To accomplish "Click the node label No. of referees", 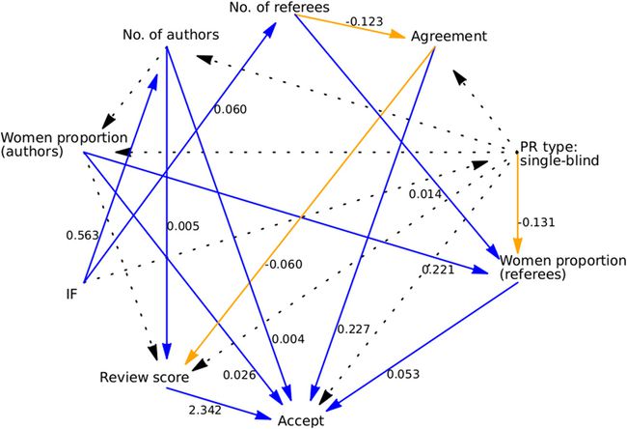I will pyautogui.click(x=280, y=9).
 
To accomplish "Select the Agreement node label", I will pyautogui.click(x=449, y=37).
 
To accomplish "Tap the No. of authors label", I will pyautogui.click(x=170, y=36).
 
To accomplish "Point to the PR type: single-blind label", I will pyautogui.click(x=564, y=153).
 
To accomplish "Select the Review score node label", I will pyautogui.click(x=143, y=375).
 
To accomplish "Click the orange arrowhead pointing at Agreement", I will pyautogui.click(x=398, y=35).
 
